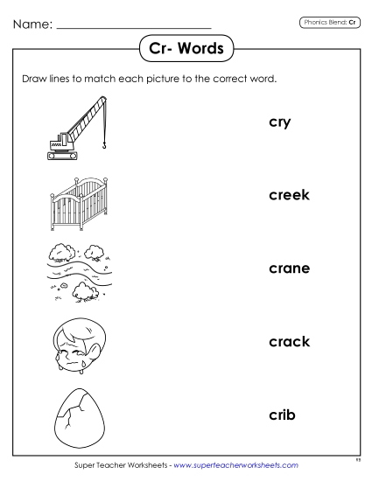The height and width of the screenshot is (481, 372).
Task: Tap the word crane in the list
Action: (289, 268)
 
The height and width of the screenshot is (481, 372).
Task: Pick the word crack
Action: (289, 341)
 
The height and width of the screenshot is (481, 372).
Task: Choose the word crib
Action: (281, 414)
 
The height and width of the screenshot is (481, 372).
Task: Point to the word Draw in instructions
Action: (34, 78)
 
